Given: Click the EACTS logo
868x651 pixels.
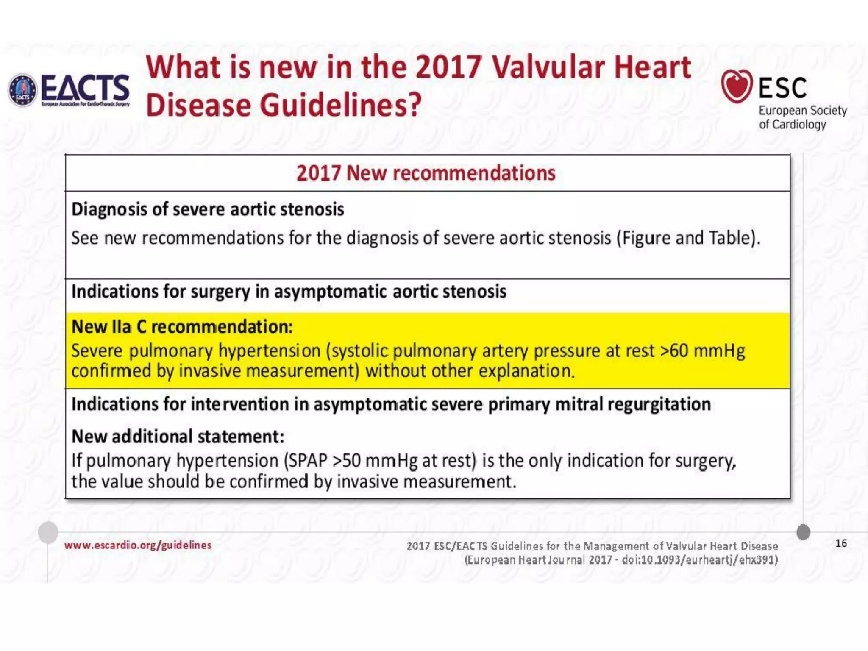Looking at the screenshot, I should pos(69,90).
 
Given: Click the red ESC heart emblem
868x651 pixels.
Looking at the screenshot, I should pos(737,86).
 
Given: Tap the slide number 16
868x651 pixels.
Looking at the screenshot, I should pos(841,543).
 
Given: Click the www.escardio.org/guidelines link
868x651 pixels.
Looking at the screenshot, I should pos(138,545).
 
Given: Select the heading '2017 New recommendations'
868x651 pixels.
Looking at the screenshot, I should pos(426,173).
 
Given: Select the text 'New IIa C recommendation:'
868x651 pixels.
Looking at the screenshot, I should pos(182,327).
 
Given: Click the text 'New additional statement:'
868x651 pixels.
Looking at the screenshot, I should pos(178,437).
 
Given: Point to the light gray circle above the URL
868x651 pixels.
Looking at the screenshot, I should pos(48,532).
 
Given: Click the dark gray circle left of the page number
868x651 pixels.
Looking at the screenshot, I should pos(803,532).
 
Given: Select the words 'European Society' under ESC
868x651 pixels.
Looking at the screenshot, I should pos(802,111).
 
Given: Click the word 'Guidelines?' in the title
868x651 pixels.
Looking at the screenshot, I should pos(341,105).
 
